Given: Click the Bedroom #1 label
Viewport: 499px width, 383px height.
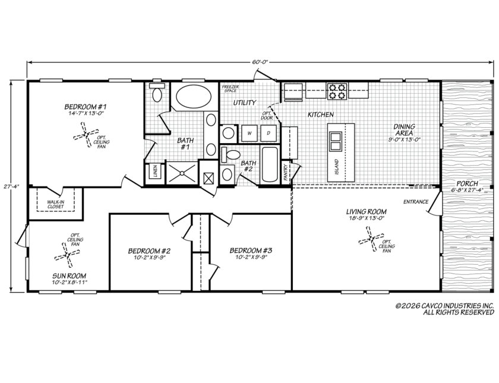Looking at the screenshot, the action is pyautogui.click(x=84, y=106).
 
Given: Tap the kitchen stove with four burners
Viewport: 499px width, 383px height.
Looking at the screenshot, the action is pyautogui.click(x=337, y=91).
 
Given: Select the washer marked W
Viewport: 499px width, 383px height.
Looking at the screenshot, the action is pyautogui.click(x=249, y=134).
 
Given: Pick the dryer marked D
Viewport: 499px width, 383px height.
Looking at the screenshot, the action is pyautogui.click(x=269, y=134).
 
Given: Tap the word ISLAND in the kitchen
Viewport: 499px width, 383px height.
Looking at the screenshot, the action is pyautogui.click(x=337, y=167).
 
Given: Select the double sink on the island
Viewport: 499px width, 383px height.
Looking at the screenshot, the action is pyautogui.click(x=335, y=141).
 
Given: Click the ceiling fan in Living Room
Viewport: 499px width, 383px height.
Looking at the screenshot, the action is pyautogui.click(x=371, y=239).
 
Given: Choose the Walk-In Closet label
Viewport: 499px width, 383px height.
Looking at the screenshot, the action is pyautogui.click(x=56, y=204).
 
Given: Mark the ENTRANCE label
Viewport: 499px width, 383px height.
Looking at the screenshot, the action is pyautogui.click(x=416, y=202).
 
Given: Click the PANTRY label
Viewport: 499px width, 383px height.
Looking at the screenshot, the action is pyautogui.click(x=286, y=172).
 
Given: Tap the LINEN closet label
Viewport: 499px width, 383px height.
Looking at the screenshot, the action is pyautogui.click(x=155, y=171).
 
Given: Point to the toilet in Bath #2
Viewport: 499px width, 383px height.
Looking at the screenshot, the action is pyautogui.click(x=230, y=154).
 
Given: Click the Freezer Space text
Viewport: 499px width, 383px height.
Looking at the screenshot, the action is pyautogui.click(x=230, y=88).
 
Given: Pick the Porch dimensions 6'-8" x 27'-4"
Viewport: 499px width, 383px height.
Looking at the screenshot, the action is pyautogui.click(x=467, y=190).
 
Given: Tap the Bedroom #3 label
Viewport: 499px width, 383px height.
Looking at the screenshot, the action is pyautogui.click(x=251, y=251).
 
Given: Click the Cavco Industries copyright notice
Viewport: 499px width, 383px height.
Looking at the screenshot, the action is pyautogui.click(x=444, y=309).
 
